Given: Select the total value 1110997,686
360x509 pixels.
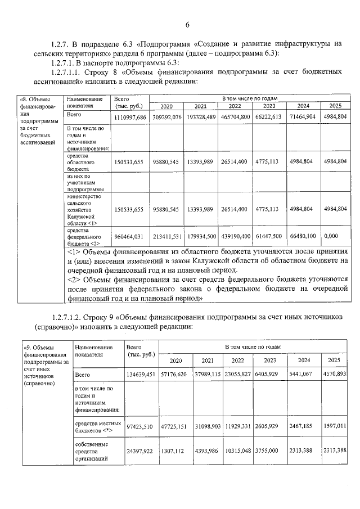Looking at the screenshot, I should click(130, 116).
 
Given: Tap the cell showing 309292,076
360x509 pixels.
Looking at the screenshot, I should click(167, 116).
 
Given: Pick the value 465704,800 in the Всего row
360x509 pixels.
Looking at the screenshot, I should click(235, 116).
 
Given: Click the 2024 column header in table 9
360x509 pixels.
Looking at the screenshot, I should click(304, 360).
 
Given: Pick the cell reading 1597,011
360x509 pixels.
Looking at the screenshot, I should click(335, 428).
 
